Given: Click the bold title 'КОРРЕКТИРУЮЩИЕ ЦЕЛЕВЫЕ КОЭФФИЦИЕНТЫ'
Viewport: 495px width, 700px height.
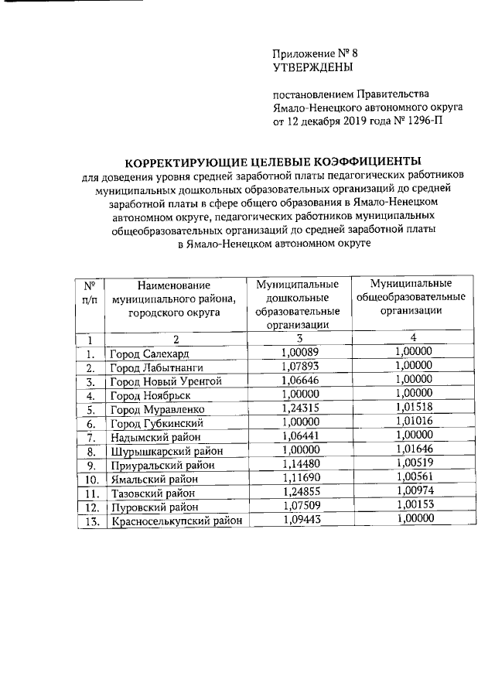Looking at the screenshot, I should coord(274,162).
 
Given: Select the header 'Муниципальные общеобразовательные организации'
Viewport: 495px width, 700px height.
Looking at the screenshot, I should coord(411,298).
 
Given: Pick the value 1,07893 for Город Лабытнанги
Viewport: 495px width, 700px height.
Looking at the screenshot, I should coord(297,367).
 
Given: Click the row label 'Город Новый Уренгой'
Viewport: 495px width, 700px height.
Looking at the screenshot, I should coord(166,381).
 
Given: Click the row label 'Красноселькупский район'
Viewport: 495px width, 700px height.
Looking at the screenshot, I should coord(176,521).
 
